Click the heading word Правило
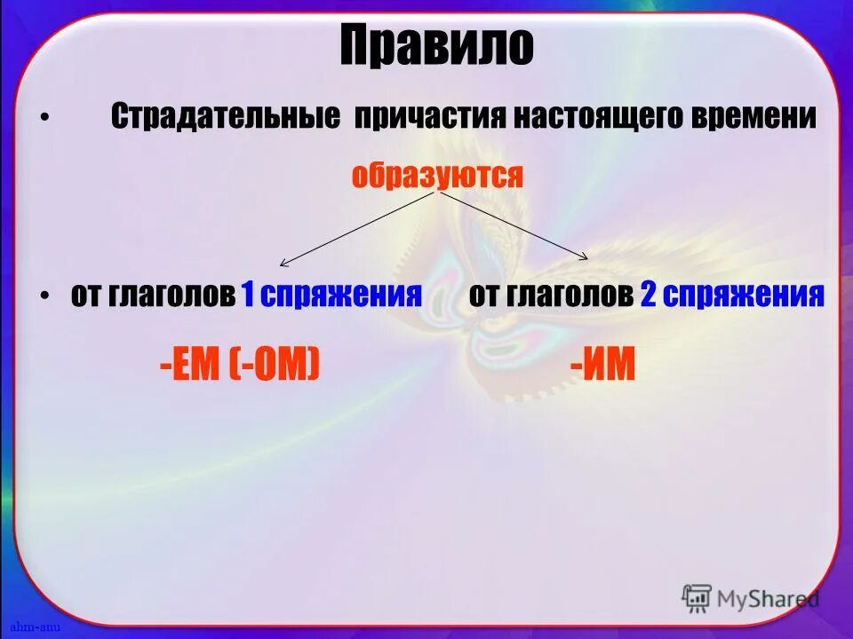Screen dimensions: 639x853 tap(436, 46)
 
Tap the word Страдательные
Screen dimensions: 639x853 tap(226, 118)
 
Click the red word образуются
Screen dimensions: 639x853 tap(437, 175)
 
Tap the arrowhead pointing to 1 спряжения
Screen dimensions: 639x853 tap(283, 263)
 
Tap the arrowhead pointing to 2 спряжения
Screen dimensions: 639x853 tap(585, 257)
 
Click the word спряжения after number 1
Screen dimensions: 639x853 tap(342, 295)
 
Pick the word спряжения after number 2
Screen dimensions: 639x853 tap(745, 295)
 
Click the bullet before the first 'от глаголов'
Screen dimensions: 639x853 tap(45, 296)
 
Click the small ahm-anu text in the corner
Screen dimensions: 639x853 tap(28, 628)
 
